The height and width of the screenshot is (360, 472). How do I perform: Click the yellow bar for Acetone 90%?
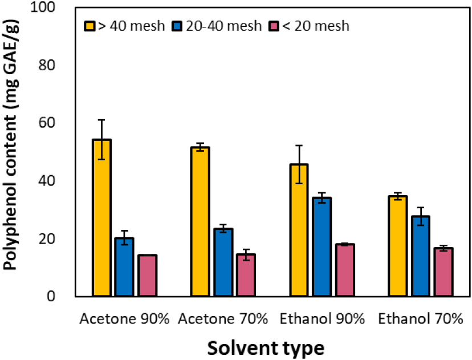[101, 218]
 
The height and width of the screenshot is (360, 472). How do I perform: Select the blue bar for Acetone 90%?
[124, 267]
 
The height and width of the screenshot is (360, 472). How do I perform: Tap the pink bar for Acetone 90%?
[147, 276]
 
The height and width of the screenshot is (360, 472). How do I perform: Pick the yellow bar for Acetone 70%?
[200, 222]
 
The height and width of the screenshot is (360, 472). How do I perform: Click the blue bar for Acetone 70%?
[223, 262]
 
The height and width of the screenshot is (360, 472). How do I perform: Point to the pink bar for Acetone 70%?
[246, 276]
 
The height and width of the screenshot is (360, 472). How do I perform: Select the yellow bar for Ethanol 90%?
[299, 230]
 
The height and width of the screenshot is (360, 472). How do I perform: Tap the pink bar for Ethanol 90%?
[344, 270]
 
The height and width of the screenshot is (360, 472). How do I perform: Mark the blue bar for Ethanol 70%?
[420, 256]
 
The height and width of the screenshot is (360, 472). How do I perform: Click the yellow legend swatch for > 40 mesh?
[89, 26]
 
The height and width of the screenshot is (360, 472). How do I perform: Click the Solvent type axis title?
[266, 347]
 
